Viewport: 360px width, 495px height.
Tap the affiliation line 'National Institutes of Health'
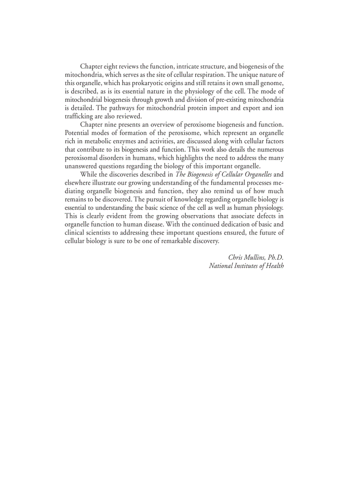[x=246, y=266]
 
